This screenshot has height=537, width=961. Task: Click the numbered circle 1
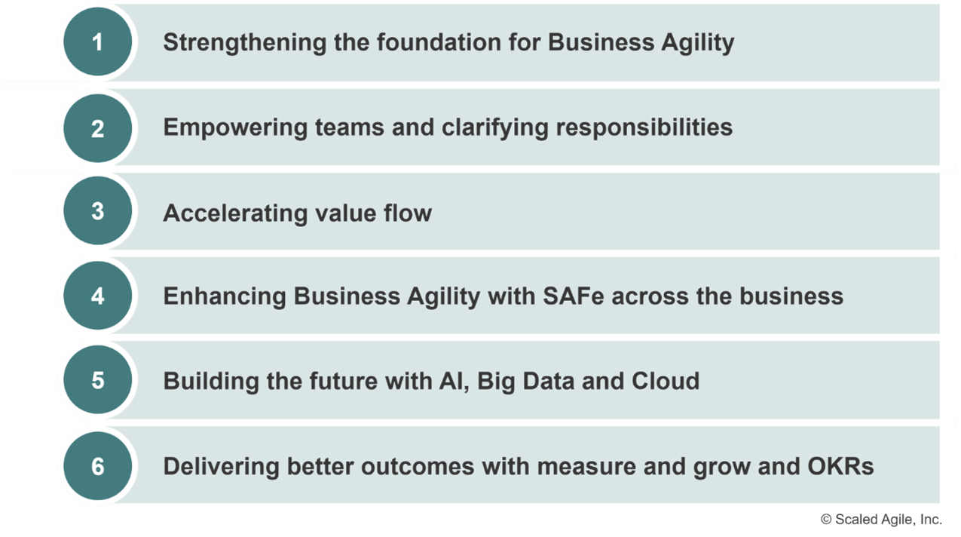tap(98, 41)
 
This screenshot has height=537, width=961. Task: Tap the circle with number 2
tap(98, 128)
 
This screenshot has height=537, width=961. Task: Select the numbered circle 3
tap(98, 210)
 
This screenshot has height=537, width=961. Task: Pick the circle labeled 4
tap(98, 296)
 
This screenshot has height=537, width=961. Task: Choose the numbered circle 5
tap(98, 380)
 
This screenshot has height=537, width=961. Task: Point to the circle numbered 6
tap(98, 466)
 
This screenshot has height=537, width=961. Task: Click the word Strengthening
tap(244, 43)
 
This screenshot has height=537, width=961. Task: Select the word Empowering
tap(235, 128)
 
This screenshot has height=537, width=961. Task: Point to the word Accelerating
tap(235, 213)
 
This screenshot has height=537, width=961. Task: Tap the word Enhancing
tap(225, 297)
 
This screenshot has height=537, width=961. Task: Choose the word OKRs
tap(840, 467)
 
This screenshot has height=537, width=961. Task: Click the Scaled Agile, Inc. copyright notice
tap(881, 520)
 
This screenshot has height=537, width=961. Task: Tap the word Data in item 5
tap(548, 381)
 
